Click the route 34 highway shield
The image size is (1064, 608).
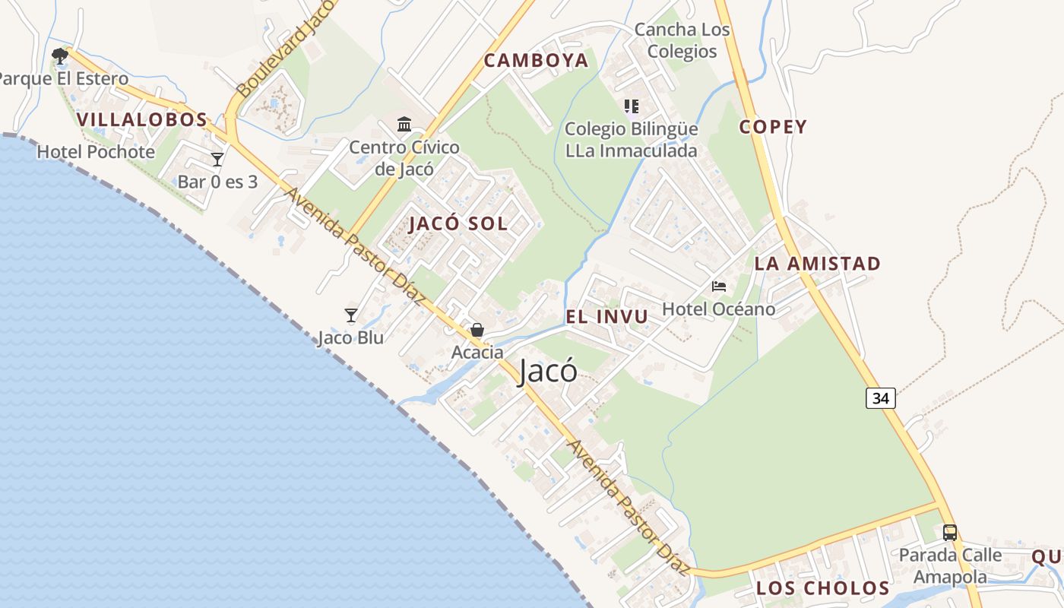(880, 397)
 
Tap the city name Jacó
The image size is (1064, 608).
(547, 371)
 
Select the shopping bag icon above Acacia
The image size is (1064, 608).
(477, 330)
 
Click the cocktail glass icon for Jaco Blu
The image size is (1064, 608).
(350, 315)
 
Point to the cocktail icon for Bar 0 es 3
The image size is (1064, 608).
(217, 159)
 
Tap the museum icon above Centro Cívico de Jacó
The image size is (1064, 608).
(404, 124)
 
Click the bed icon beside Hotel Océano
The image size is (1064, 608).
(718, 287)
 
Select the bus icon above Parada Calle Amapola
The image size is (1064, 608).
(949, 532)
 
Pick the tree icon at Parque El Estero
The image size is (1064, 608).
(59, 55)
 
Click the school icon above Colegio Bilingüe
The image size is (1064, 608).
(631, 106)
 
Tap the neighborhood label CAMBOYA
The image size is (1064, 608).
(536, 61)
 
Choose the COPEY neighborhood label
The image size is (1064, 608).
(773, 127)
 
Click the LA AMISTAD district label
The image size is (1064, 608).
(817, 264)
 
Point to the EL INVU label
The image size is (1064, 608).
(606, 317)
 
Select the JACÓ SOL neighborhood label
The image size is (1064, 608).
(458, 224)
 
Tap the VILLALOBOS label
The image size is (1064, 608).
(142, 119)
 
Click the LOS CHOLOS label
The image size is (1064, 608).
(822, 588)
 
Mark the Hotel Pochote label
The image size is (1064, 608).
(96, 152)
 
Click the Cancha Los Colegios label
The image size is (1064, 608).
(682, 41)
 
